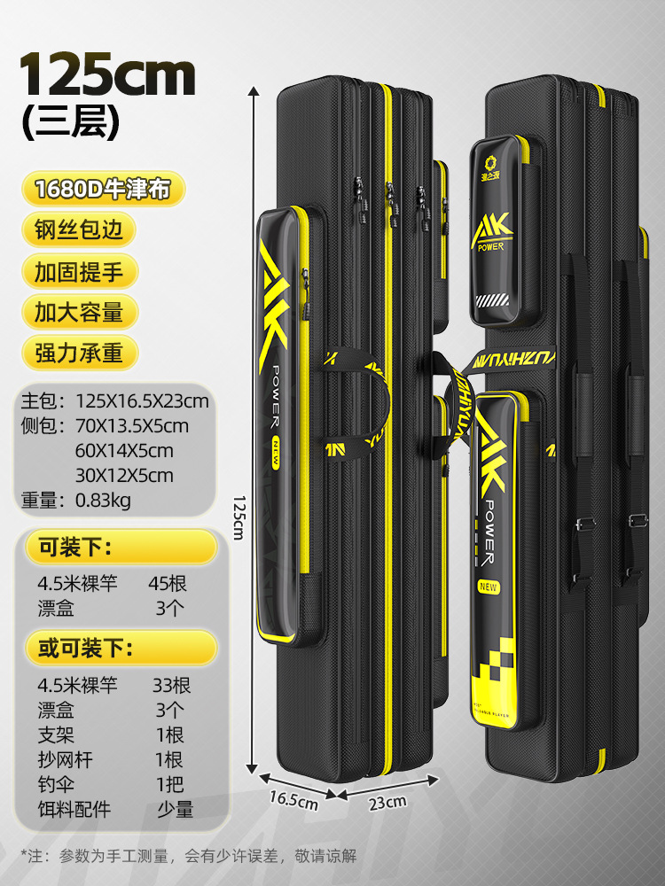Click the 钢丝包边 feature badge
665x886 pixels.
click(x=80, y=230)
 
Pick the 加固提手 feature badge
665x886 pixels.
click(x=80, y=271)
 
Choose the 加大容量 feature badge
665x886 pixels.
click(x=80, y=312)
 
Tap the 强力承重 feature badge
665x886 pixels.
click(x=80, y=353)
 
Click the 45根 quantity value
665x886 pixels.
click(x=168, y=584)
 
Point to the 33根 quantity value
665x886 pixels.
click(x=171, y=686)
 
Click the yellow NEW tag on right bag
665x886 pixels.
click(x=489, y=586)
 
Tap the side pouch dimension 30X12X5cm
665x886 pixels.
click(x=123, y=476)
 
